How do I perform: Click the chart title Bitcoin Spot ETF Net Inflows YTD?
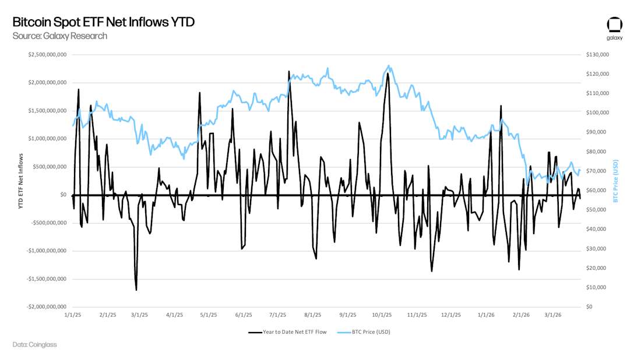[103, 22]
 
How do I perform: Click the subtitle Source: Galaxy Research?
[59, 36]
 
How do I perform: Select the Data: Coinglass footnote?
[34, 344]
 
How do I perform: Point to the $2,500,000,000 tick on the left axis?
[47, 54]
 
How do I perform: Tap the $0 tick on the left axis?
[62, 195]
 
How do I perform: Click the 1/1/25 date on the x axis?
[73, 315]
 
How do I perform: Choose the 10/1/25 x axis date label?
[382, 315]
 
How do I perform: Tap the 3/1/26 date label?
[552, 315]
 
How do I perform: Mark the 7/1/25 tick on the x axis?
[278, 315]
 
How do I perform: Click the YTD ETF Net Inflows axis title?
[20, 181]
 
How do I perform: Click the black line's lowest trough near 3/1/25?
[136, 290]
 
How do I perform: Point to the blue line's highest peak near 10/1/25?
[389, 66]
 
